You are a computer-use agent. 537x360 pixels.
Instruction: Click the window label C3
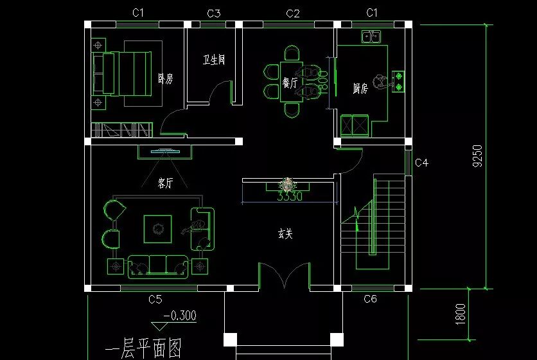[214, 13]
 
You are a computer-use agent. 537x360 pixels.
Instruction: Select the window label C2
[293, 13]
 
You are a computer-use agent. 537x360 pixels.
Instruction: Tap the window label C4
[421, 163]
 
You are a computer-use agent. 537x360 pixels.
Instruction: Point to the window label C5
[155, 299]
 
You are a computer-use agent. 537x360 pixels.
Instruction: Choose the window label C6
[370, 299]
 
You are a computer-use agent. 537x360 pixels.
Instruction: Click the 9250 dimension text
[477, 156]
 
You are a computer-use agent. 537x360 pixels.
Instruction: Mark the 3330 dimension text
[289, 197]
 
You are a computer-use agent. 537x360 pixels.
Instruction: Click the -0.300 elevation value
[179, 316]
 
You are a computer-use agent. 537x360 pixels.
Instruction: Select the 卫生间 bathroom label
[214, 60]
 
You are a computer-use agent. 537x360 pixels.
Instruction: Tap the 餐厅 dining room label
[289, 83]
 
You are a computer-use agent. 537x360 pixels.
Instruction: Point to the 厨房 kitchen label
[360, 88]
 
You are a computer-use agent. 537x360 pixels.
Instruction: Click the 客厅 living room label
[165, 183]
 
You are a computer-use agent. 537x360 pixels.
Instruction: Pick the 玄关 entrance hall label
[285, 235]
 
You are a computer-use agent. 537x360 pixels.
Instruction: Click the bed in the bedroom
[128, 73]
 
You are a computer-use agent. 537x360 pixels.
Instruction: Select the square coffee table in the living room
[157, 228]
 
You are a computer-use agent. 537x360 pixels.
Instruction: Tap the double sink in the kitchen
[371, 37]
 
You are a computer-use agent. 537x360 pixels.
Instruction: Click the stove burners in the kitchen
[399, 79]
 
